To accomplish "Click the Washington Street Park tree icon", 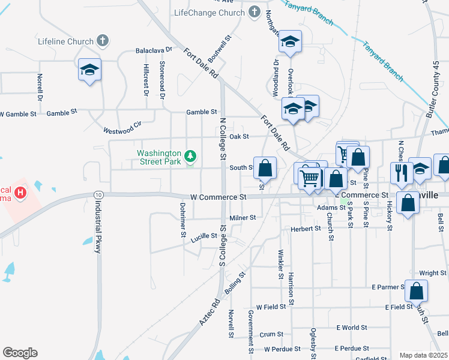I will coord(190,157).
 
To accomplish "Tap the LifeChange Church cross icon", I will coord(254,12).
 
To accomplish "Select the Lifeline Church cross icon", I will coord(103,41).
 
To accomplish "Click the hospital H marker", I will coord(21,193).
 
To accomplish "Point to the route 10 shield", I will coord(98,195).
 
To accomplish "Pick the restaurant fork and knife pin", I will coord(401,173).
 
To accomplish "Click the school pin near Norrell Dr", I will coord(89,70).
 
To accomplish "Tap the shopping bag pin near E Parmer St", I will coord(416,292).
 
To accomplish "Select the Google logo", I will coord(20,353).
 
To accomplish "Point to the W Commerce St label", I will coord(218,197).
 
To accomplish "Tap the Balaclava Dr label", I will coord(154,50).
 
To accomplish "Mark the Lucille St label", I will coord(204,236).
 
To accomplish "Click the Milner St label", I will coord(243,218).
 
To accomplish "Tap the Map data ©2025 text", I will coord(423,355).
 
